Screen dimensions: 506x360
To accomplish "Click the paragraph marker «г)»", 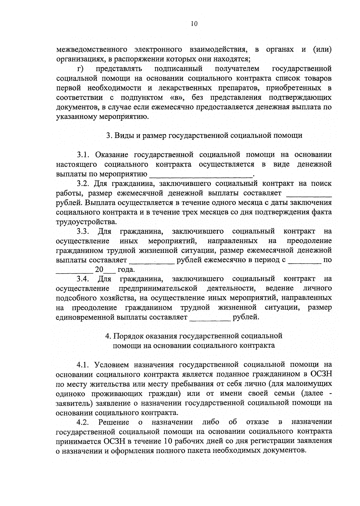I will click(80, 69).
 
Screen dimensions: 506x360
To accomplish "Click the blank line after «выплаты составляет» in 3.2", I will click(309, 193).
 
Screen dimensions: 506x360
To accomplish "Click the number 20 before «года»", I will click(99, 269).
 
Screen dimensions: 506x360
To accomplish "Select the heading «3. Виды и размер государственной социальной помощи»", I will click(204, 135).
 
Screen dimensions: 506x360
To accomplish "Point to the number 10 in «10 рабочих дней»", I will click(168, 441).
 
